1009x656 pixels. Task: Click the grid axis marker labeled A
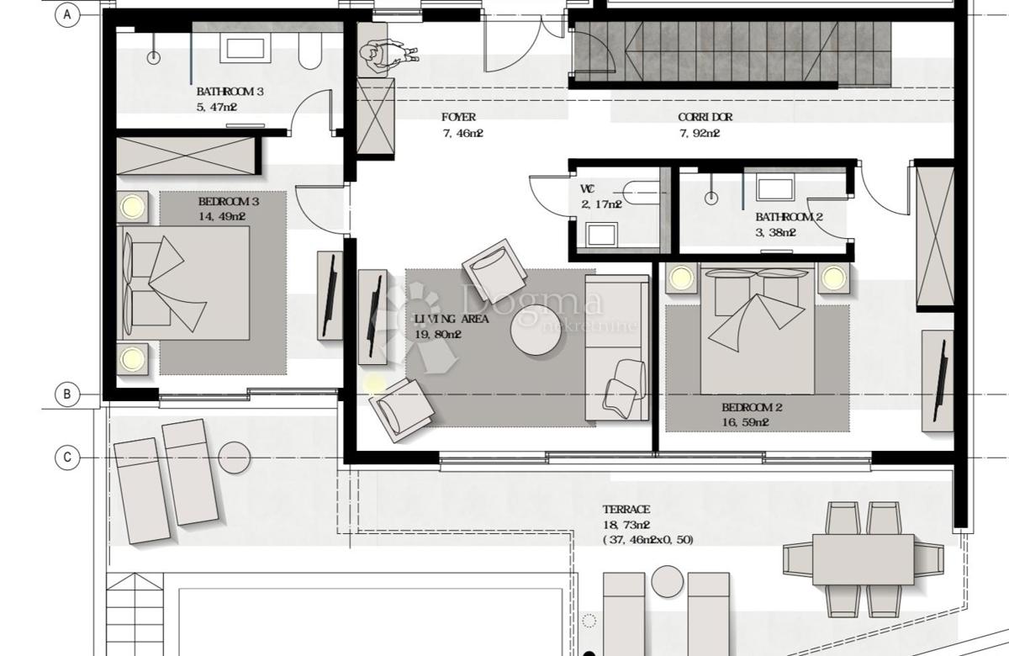(x=66, y=14)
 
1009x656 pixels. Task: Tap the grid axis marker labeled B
(x=66, y=394)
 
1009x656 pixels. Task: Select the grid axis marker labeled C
(x=66, y=458)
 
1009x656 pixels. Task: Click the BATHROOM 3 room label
(x=230, y=92)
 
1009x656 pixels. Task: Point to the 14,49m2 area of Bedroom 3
(x=222, y=216)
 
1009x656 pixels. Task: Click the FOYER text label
(x=458, y=118)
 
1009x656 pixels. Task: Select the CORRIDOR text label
(x=705, y=118)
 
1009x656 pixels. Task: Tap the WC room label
(x=587, y=189)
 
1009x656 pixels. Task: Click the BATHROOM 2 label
(x=788, y=217)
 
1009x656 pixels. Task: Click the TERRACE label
(x=626, y=510)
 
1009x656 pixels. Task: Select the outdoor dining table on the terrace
(x=862, y=559)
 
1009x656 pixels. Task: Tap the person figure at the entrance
(x=383, y=56)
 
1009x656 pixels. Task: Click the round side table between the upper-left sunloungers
(x=235, y=458)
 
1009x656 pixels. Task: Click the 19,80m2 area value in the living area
(x=438, y=334)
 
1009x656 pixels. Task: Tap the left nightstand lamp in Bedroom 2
(x=681, y=278)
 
